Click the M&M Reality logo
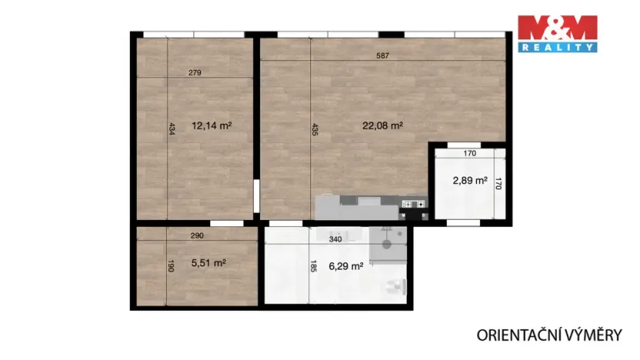[557, 33]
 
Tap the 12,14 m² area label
[212, 125]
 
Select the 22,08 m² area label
[383, 125]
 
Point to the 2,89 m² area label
[469, 181]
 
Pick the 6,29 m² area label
[345, 267]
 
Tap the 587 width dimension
[382, 55]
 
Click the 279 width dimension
[195, 73]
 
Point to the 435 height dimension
[315, 130]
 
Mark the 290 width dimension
[197, 235]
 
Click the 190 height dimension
[171, 266]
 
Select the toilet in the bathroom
[396, 286]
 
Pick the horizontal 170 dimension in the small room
[470, 154]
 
